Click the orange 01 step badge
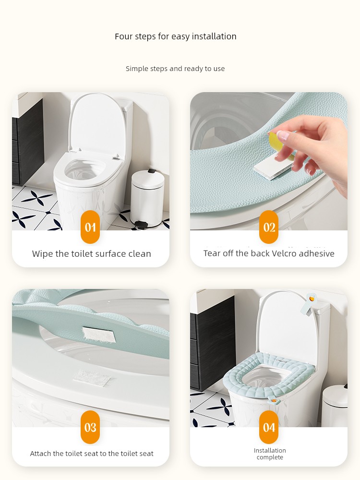click(90, 227)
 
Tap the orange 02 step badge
click(269, 227)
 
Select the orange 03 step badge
click(90, 427)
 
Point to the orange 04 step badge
click(269, 427)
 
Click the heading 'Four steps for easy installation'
click(175, 36)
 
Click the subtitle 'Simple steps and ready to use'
click(175, 69)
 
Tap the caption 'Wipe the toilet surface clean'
click(92, 254)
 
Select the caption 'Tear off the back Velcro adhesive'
click(269, 253)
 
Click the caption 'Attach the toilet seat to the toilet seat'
click(92, 454)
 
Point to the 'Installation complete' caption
click(270, 454)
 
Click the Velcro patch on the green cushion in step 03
click(98, 335)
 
